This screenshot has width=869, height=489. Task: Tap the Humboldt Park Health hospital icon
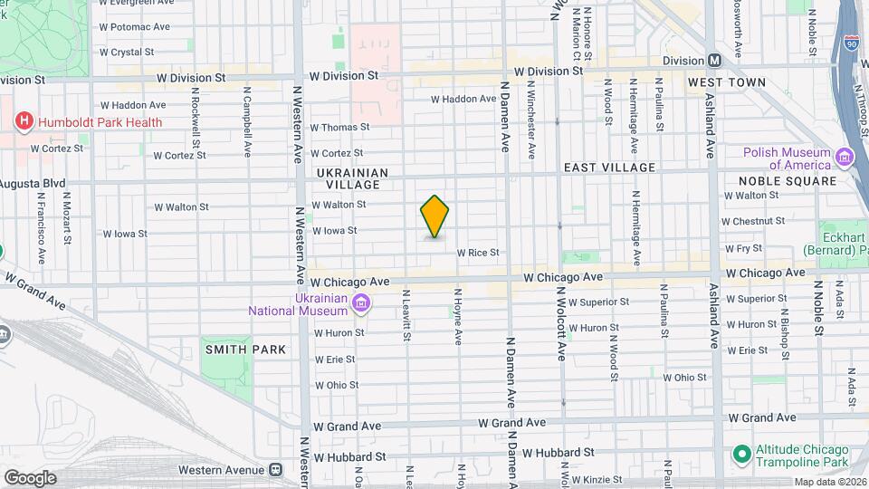(x=24, y=122)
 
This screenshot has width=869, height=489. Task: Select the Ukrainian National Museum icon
(x=361, y=302)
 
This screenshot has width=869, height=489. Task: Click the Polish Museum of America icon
(x=845, y=158)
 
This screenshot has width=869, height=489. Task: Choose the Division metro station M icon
(x=715, y=60)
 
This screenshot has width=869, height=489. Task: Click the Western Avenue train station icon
(x=275, y=470)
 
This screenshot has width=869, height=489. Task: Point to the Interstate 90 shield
(x=851, y=42)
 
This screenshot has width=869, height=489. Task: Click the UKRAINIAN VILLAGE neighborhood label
(x=352, y=177)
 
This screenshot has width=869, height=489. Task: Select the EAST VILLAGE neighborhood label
(x=608, y=168)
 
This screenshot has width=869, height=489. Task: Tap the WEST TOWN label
(x=726, y=82)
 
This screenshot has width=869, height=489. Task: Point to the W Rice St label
(x=478, y=253)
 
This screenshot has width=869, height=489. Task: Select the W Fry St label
(x=742, y=247)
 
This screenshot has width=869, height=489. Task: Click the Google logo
(x=30, y=477)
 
